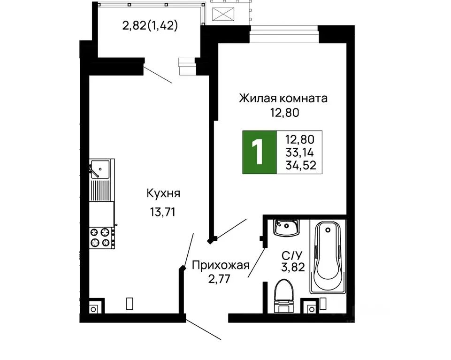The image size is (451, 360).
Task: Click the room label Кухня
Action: [163, 193]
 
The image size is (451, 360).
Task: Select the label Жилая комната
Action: [283, 99]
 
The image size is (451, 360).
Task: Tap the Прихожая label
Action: [220, 266]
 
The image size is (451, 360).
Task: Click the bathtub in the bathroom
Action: [328, 257]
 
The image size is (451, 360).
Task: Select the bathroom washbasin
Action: [287, 228]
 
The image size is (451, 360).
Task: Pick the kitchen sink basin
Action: [100, 168]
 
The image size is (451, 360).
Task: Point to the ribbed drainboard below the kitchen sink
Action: [101, 190]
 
